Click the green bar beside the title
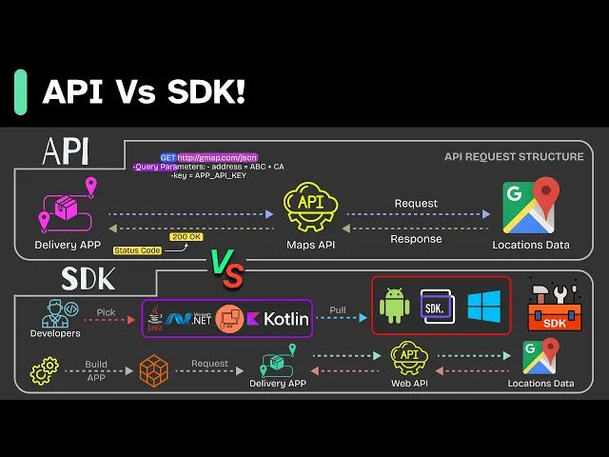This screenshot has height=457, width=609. [20, 91]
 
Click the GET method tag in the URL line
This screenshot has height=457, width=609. [167, 157]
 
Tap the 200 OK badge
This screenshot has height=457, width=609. [186, 237]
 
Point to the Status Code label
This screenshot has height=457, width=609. [136, 250]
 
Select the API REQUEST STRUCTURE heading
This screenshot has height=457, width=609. [514, 156]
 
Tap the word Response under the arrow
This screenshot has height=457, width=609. [416, 239]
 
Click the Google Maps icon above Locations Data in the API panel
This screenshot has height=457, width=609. [530, 207]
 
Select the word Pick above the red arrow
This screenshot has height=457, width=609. [106, 311]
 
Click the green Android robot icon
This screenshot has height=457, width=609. [394, 307]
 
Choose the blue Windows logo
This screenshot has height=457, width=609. [483, 306]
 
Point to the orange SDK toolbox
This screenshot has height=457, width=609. [555, 308]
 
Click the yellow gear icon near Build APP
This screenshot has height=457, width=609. [44, 371]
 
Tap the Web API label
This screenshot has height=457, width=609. [409, 384]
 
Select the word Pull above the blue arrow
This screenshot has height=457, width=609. [338, 310]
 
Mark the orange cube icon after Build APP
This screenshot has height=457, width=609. [153, 371]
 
